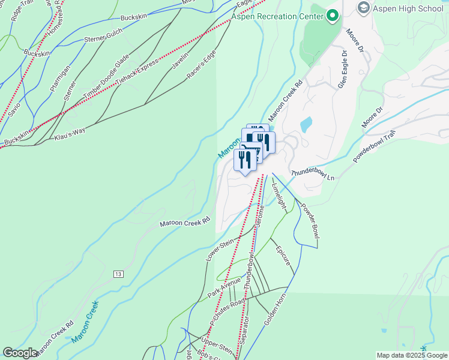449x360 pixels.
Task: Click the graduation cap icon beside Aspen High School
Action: click(x=363, y=8)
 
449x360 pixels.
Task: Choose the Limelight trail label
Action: click(x=277, y=191)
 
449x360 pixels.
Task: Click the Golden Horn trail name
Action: click(x=281, y=305)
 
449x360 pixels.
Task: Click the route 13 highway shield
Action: click(x=118, y=274)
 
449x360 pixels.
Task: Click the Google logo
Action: click(x=20, y=353)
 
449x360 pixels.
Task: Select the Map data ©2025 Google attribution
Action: click(x=412, y=355)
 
